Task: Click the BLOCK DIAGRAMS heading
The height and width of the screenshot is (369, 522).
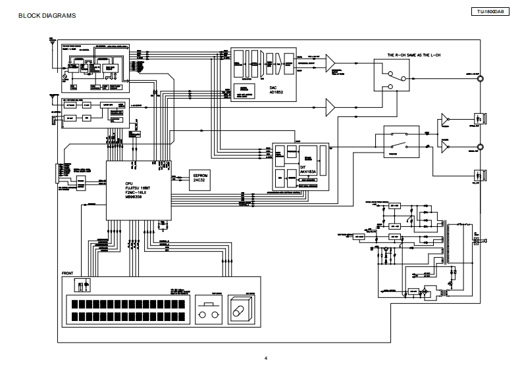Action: coord(47,14)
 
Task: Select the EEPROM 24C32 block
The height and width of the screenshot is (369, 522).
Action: coord(201,178)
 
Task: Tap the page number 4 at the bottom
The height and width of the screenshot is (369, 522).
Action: coord(266,358)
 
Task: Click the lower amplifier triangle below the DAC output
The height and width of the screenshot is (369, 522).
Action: coord(330,106)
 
